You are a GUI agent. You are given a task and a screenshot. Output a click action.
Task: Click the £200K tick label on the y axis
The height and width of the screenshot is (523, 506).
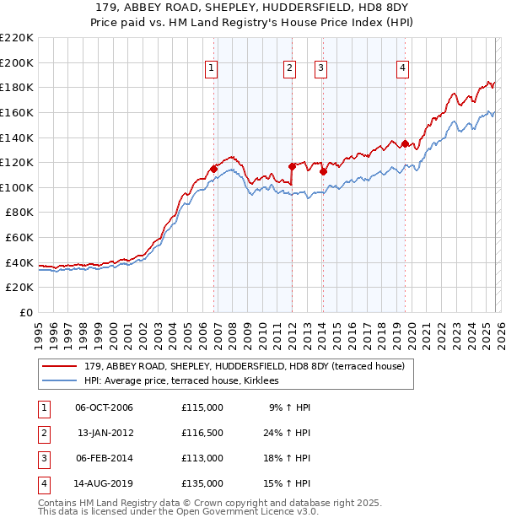click(x=18, y=62)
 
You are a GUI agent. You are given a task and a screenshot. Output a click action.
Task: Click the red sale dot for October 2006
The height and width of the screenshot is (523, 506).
click(x=214, y=169)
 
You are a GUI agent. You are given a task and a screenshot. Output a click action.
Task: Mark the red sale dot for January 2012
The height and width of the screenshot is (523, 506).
click(x=293, y=167)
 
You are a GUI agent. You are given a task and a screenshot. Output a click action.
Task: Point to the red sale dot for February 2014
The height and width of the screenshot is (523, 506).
click(x=323, y=171)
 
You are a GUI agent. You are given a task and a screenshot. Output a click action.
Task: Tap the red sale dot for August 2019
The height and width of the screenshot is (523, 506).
click(x=406, y=143)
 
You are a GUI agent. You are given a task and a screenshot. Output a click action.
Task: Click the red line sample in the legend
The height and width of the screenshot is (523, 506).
click(x=61, y=367)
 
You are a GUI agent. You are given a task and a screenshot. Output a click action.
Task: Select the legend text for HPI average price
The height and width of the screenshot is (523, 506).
click(x=186, y=381)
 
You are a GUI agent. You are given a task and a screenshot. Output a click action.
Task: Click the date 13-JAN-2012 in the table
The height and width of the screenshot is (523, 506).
click(x=105, y=432)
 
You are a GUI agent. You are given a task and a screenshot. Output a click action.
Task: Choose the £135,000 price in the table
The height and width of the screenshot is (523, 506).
click(x=202, y=484)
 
